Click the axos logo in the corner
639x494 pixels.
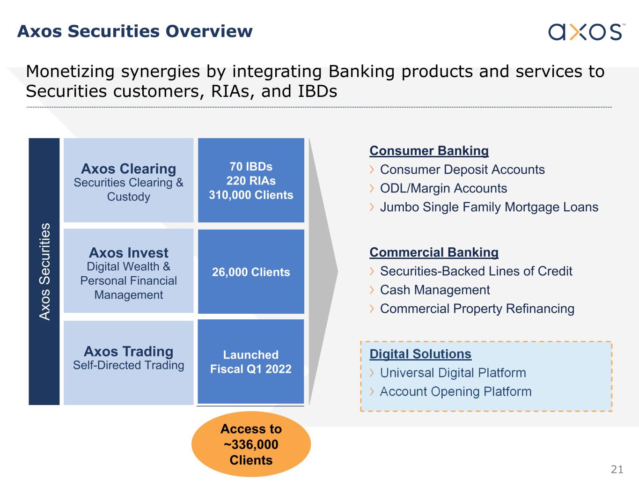point(585,31)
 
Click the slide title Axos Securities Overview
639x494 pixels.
point(135,31)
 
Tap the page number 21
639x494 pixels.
point(617,469)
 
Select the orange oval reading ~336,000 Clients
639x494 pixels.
point(251,444)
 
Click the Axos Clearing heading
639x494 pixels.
point(128,169)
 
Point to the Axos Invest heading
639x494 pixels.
point(128,253)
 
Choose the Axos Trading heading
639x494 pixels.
point(128,351)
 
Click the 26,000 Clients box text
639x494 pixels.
point(251,272)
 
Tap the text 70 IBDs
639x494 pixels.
point(251,167)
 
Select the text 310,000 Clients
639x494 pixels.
point(251,195)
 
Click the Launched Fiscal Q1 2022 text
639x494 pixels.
point(251,362)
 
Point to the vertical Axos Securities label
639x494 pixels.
point(44,272)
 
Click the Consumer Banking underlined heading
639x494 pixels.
point(429,151)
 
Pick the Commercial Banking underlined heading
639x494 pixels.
point(434,252)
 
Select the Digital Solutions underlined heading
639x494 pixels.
point(420,354)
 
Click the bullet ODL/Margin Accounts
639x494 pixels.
point(443,188)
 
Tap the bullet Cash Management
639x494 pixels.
point(435,290)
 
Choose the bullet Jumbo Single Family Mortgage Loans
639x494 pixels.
point(489,207)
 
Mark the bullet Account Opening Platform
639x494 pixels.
point(455,391)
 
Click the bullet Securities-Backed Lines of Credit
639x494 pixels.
point(476,271)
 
